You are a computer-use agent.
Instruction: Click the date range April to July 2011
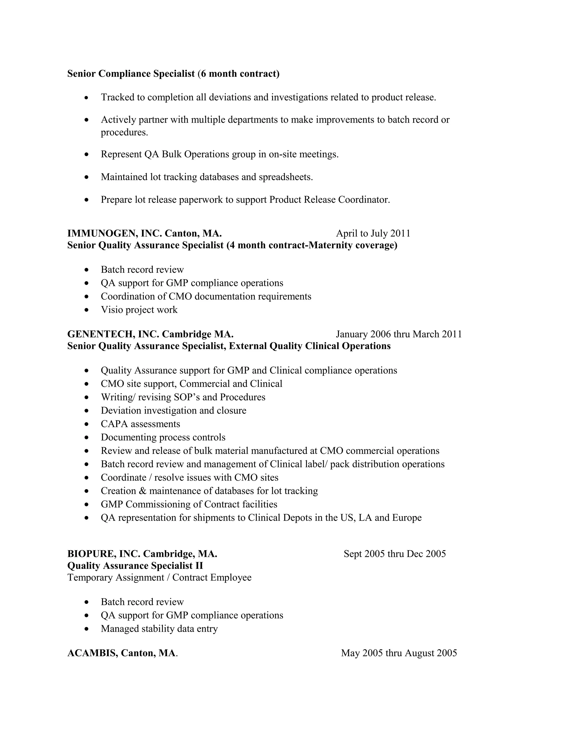[373, 233]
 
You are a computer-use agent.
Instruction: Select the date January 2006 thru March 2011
[398, 334]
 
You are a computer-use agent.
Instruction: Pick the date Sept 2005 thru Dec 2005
[395, 554]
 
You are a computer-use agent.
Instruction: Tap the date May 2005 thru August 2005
[398, 653]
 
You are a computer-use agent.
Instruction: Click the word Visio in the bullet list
[111, 310]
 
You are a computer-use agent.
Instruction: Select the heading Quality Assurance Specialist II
[135, 566]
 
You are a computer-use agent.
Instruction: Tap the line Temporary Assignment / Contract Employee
[159, 577]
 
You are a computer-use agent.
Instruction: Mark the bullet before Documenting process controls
[87, 438]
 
